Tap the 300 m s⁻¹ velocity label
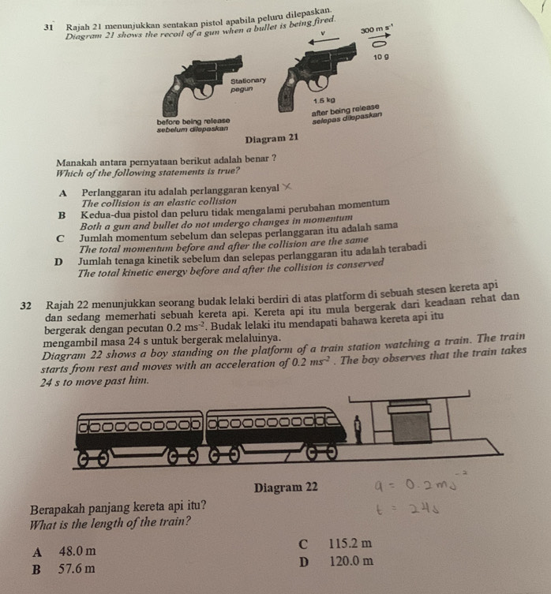(376, 29)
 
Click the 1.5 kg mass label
(322, 100)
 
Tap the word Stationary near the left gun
(249, 81)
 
